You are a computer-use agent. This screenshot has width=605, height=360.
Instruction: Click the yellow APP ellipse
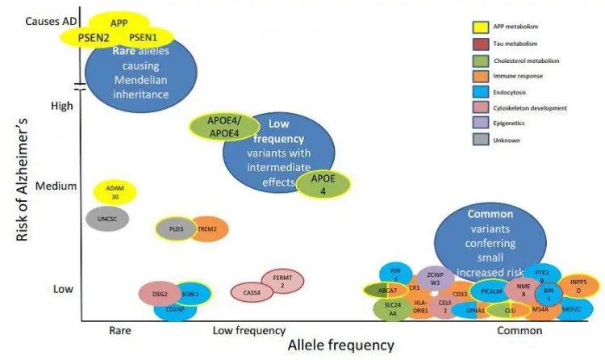[119, 23]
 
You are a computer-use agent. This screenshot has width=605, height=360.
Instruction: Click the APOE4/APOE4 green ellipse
[223, 128]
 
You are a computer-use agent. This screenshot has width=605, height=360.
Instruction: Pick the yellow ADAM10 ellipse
[115, 192]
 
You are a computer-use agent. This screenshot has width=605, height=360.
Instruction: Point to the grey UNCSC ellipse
[107, 219]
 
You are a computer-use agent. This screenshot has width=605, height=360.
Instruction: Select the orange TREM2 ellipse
[207, 229]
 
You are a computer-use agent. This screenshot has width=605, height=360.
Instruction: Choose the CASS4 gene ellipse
[252, 293]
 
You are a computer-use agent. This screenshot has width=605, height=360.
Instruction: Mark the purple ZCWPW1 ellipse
[436, 278]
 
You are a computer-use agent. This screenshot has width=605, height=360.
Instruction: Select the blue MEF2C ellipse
[571, 308]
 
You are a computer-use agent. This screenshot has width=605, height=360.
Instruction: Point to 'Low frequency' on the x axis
[249, 331]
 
